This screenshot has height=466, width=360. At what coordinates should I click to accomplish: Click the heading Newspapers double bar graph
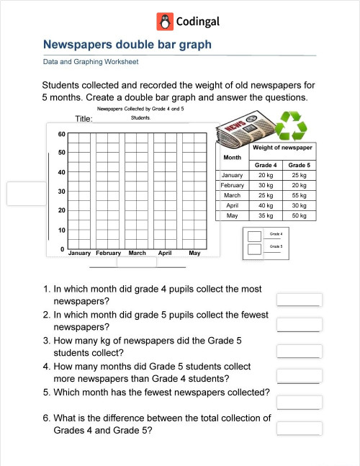pos(127,45)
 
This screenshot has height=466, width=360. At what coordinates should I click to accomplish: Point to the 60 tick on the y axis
pos(61,134)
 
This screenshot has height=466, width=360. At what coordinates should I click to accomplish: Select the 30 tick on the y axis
pos(61,192)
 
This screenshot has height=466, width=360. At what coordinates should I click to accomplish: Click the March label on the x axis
pos(137,254)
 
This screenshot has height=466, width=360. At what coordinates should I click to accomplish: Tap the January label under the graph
pos(79,254)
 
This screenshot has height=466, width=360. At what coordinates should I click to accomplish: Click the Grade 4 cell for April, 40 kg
pos(265,205)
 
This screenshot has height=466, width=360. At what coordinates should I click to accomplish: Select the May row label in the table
pos(232,215)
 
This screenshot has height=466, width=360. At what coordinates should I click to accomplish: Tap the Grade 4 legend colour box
pos(253,236)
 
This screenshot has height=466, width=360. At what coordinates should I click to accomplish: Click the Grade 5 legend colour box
pos(253,249)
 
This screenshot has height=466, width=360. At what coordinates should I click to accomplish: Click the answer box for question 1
pos(299,300)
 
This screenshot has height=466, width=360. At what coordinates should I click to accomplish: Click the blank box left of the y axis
pos(24,193)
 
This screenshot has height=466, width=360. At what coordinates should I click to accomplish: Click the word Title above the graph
pos(84,119)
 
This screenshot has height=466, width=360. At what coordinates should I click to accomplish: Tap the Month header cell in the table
pos(232,157)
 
